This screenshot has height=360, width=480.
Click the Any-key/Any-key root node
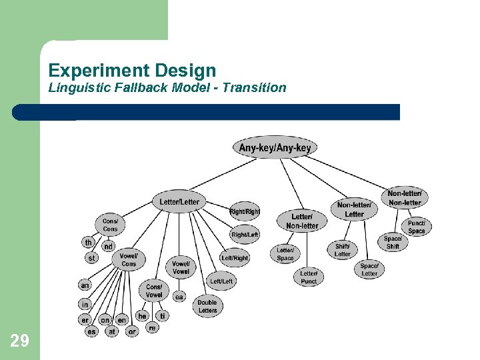[275, 147]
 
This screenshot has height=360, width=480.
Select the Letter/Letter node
[179, 201]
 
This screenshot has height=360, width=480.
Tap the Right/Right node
[245, 211]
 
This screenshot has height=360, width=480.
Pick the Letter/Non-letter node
[302, 221]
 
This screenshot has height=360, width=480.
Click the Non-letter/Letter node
[354, 209]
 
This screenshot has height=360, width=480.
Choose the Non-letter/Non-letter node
[405, 198]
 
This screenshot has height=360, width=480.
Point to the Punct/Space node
[416, 227]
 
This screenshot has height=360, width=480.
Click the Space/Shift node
[393, 242]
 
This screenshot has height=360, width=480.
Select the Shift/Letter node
[343, 250]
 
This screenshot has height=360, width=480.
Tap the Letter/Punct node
[309, 277]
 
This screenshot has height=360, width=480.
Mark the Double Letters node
[207, 306]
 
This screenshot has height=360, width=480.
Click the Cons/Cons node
[110, 225]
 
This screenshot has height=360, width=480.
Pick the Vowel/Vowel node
[181, 267]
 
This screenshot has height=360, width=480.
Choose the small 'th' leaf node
[88, 243]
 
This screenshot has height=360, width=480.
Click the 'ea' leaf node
[179, 297]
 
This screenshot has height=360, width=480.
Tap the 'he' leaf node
[142, 315]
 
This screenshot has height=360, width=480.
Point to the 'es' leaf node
[91, 331]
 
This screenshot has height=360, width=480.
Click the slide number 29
[20, 341]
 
